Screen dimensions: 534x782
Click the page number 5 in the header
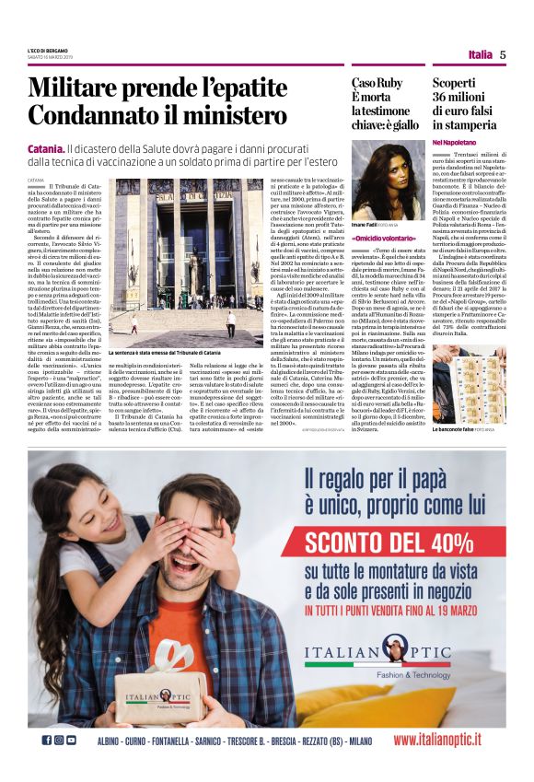tap(503, 54)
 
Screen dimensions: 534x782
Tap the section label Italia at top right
tap(480, 54)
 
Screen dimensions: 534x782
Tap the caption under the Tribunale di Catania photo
tap(165, 352)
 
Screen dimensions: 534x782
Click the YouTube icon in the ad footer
tap(71, 740)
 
